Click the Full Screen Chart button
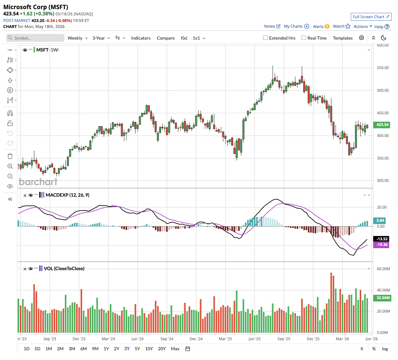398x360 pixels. [x=371, y=17]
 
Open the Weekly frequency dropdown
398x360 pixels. [x=77, y=38]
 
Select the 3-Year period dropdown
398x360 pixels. [x=101, y=38]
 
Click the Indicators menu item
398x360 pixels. [x=141, y=38]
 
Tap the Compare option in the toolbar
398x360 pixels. [x=166, y=38]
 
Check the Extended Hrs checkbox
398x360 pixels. [x=265, y=38]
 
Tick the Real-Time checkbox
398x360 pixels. [x=304, y=38]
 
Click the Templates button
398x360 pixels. [x=343, y=38]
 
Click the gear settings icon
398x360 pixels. [x=362, y=38]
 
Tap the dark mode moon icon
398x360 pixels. [x=384, y=38]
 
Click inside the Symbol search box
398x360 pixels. [x=35, y=38]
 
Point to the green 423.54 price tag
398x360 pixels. [x=382, y=125]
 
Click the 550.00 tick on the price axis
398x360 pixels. [x=383, y=68]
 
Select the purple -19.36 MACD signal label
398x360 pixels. [x=381, y=245]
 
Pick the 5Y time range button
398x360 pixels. [x=137, y=349]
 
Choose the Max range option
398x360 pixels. [x=175, y=349]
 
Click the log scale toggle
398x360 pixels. [x=385, y=349]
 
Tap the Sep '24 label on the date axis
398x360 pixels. [x=167, y=339]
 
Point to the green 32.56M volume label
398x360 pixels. [x=382, y=298]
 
